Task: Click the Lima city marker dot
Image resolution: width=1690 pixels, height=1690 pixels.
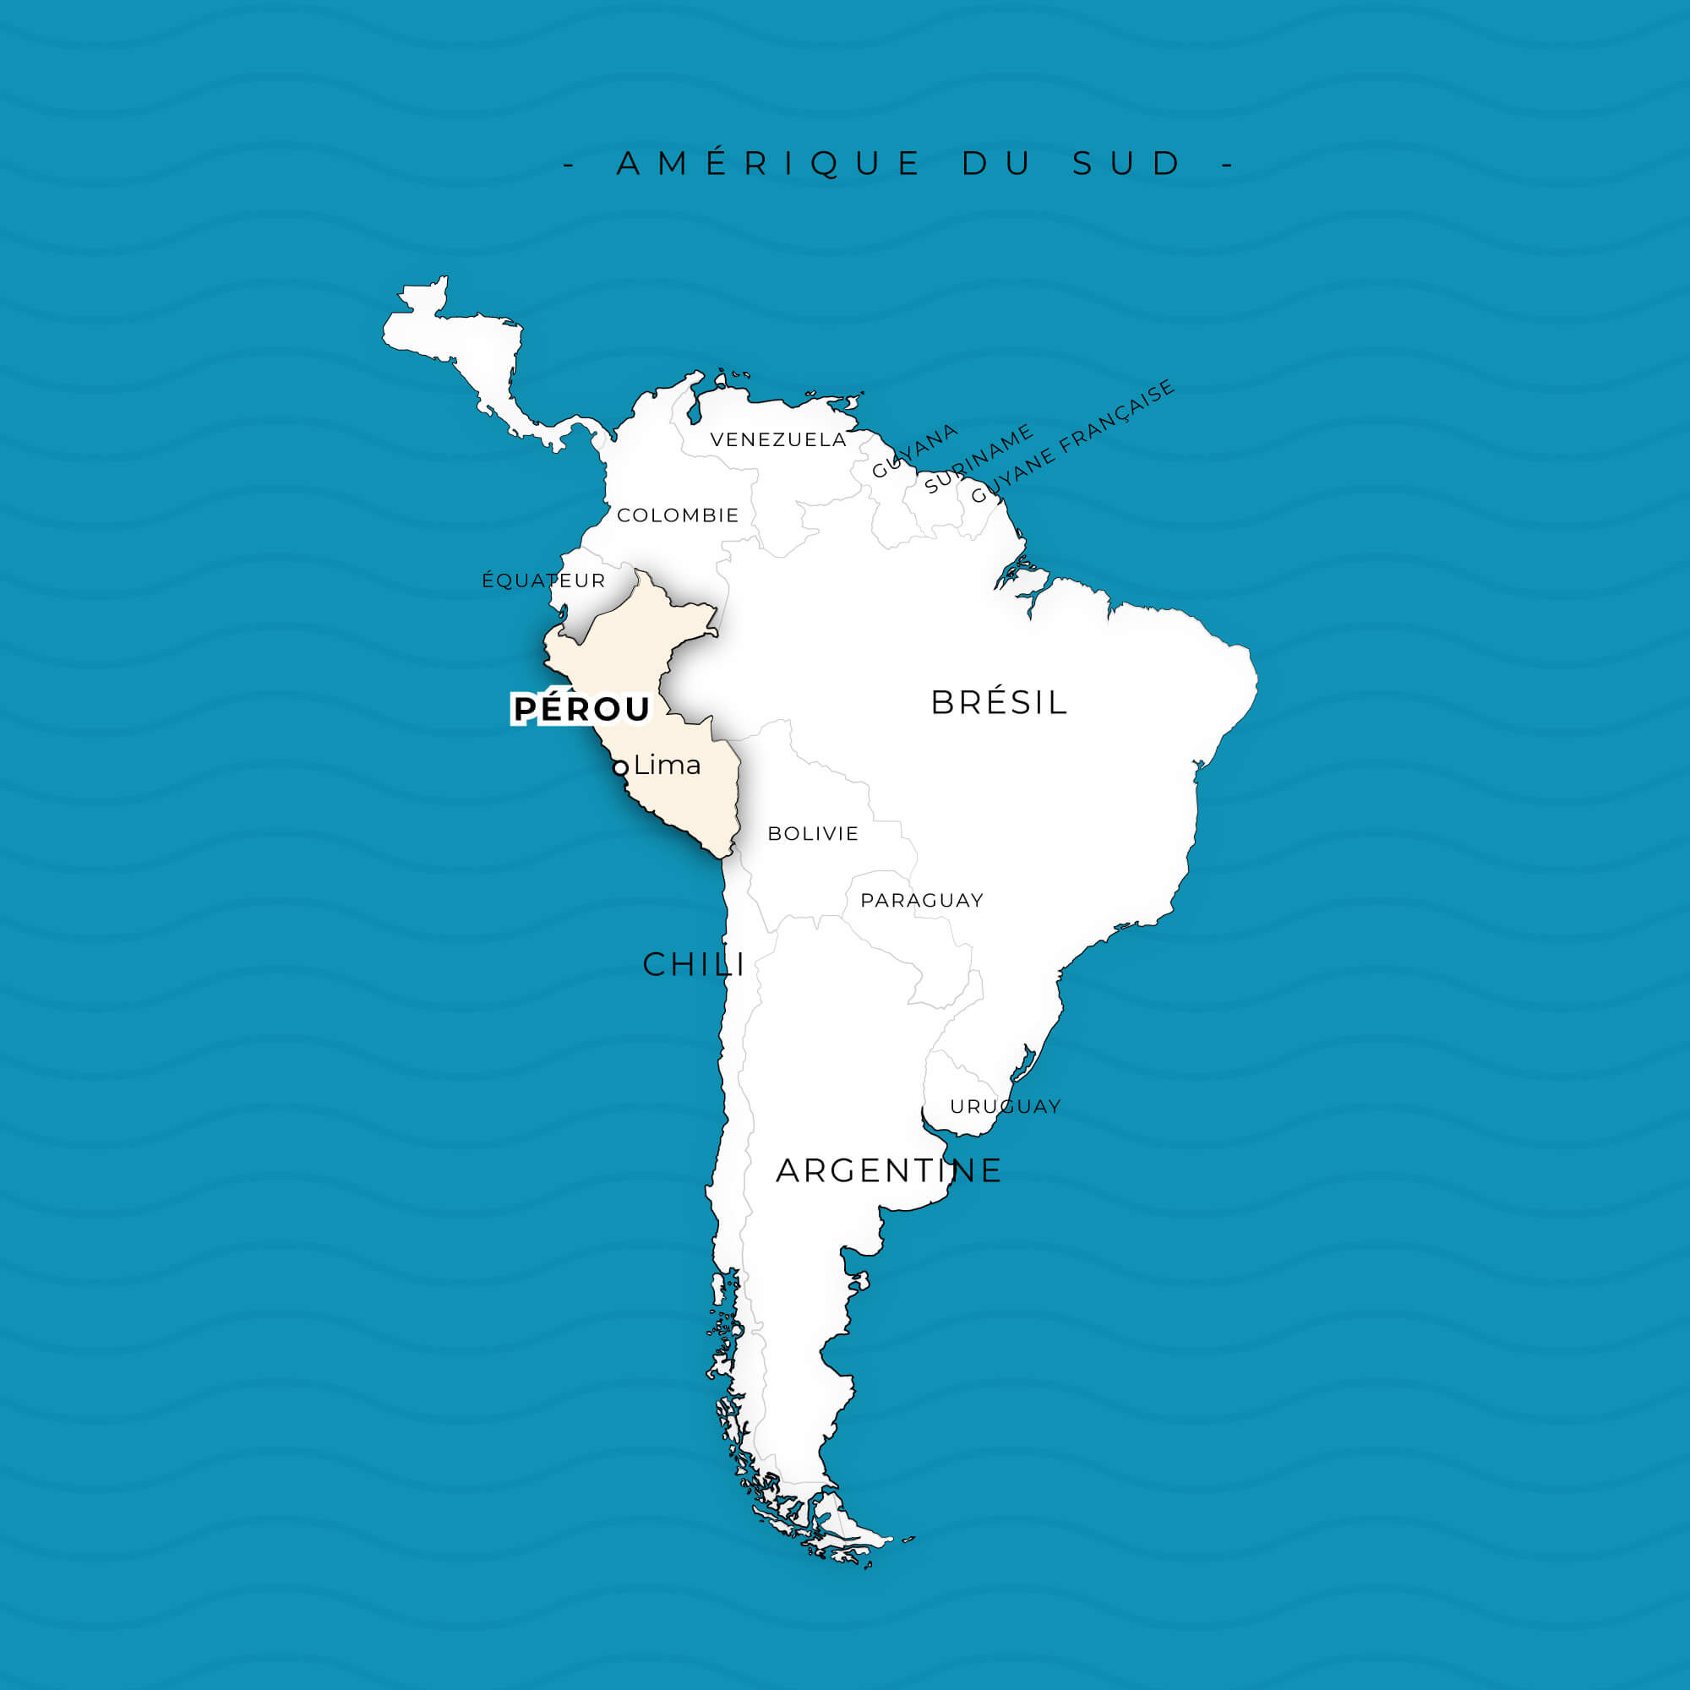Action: pos(620,768)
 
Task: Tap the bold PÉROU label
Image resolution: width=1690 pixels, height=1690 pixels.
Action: pos(581,709)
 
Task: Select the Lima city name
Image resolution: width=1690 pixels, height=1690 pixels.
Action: pos(668,766)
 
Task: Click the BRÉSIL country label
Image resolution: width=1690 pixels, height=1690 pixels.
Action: pos(999,702)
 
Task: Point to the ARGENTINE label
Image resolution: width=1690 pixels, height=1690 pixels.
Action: pos(889,1170)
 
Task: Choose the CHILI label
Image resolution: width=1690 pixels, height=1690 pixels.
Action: pos(694,965)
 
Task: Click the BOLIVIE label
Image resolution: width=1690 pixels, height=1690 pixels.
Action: pos(814,834)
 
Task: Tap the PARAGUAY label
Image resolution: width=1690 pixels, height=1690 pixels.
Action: pos(922,900)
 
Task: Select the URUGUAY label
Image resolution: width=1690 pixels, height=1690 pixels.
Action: pos(1005,1107)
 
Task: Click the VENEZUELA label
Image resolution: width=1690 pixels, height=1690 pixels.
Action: pos(778,440)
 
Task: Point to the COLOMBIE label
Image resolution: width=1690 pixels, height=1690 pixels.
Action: pos(678,515)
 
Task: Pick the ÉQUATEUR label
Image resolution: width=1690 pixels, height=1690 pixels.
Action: pos(543,581)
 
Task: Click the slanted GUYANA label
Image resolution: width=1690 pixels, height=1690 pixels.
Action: pos(915,451)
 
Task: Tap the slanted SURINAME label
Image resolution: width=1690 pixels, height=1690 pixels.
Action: pos(979,459)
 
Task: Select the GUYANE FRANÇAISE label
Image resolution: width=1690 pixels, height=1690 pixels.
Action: pos(1073,442)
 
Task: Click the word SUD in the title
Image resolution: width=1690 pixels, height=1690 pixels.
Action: pos(1127,164)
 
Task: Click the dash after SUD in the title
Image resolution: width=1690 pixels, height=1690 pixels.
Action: pos(1227,164)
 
